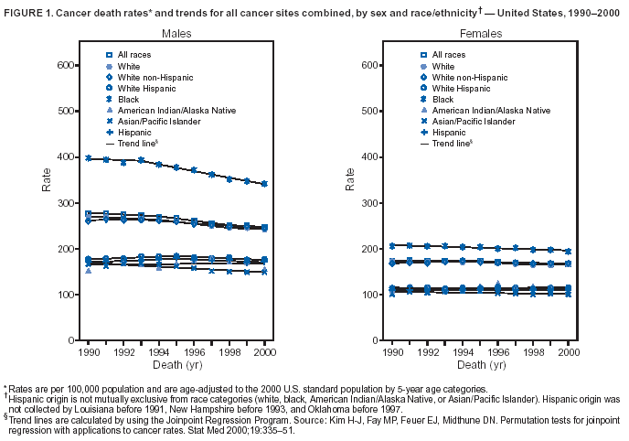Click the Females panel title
pos(481,33)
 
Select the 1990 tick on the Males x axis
pos(89,350)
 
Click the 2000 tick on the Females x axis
pos(568,350)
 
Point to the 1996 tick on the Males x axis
pos(194,350)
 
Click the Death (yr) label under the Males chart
pos(176,363)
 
